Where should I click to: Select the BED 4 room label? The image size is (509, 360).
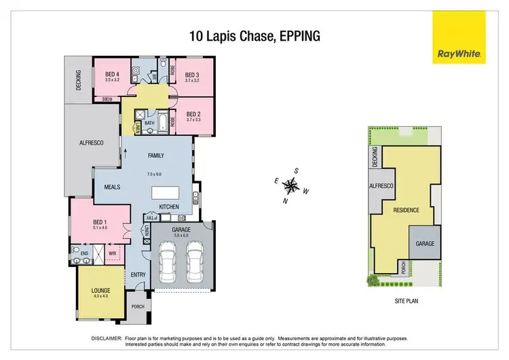[x=112, y=75]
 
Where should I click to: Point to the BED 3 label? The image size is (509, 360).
[x=192, y=75]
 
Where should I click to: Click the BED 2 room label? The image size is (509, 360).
[x=193, y=114]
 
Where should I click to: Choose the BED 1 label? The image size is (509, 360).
[x=101, y=221]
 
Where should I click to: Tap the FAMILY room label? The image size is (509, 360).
[x=156, y=156]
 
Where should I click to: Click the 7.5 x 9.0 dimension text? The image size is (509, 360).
[x=156, y=175]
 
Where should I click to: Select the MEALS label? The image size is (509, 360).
[x=113, y=187]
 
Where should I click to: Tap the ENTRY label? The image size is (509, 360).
[x=138, y=275]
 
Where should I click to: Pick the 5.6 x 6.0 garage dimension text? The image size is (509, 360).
[x=176, y=236]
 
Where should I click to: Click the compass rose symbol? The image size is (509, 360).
[x=291, y=185]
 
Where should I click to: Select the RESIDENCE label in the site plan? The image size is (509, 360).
[x=407, y=211]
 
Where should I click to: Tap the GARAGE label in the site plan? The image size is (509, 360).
[x=425, y=243]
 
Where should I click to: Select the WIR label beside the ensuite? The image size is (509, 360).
[x=113, y=255]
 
